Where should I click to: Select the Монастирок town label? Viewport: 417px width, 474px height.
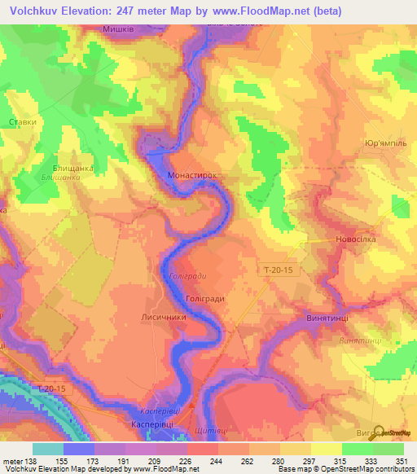pos(191,175)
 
